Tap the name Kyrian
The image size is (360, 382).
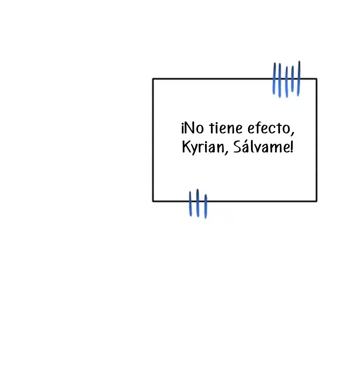tap(203, 147)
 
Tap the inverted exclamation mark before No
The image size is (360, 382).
tap(182, 129)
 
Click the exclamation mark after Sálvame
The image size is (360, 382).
tap(292, 147)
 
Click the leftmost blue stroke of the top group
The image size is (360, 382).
tap(274, 78)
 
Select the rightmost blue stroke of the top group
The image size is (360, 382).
tap(299, 78)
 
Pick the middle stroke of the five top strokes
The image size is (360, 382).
tap(286, 82)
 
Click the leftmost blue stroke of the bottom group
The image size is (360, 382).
tap(190, 204)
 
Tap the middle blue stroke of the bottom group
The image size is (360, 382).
tap(198, 203)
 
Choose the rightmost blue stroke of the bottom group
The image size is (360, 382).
tap(206, 207)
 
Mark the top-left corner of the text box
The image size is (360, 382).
tap(153, 79)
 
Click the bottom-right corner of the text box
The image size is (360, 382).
tap(316, 201)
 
